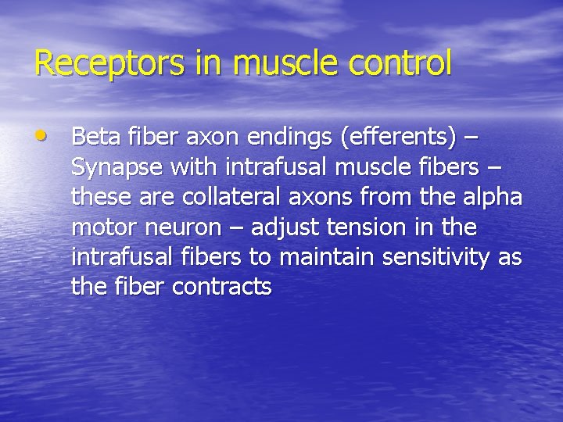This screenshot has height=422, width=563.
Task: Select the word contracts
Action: pyautogui.click(x=221, y=288)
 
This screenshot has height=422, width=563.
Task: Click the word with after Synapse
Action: pyautogui.click(x=193, y=168)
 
